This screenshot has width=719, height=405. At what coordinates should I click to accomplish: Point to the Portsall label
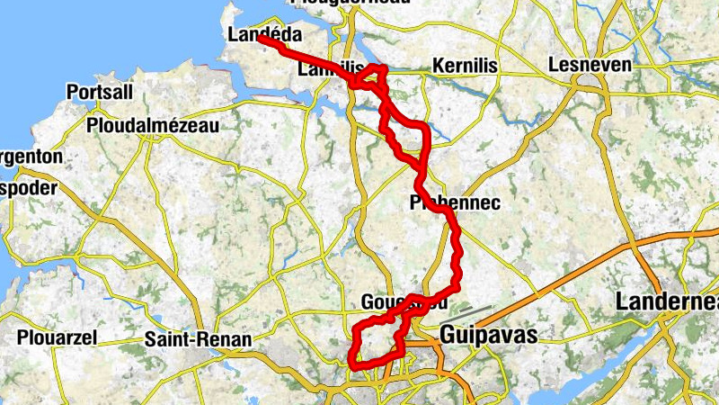[x=99, y=93]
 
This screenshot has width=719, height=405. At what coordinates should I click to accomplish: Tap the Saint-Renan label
[x=190, y=340]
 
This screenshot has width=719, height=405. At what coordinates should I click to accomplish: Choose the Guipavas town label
[x=488, y=336]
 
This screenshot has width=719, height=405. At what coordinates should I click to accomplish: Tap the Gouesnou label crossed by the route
[x=402, y=302]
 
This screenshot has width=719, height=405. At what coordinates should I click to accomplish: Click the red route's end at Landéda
[x=261, y=40]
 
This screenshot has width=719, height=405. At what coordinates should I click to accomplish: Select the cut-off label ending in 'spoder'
[x=27, y=190]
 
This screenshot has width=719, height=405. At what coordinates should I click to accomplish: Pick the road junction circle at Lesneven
[x=589, y=84]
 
